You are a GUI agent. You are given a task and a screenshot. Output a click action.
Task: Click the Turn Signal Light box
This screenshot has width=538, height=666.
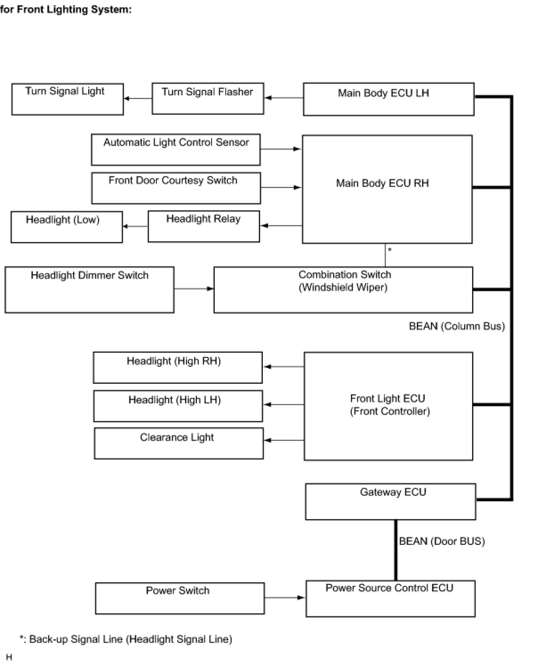68,99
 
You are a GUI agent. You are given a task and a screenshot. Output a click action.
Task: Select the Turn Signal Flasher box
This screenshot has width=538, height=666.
208,98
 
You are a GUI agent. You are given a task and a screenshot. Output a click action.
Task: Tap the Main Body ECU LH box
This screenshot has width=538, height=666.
389,99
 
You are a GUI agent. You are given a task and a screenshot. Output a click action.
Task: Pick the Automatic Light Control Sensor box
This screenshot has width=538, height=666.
176,150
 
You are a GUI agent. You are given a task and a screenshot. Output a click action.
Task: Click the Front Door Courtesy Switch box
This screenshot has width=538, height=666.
176,188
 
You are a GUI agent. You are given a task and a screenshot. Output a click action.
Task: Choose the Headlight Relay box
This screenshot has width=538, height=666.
204,226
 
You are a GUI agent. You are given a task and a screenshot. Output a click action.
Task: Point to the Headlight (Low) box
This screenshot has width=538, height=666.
67,227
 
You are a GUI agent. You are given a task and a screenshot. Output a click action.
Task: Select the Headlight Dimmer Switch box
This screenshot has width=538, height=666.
90,289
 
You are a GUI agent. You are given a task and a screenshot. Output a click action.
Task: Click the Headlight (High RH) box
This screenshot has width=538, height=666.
178,367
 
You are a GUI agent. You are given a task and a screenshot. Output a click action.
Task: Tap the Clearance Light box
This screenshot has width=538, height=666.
179,443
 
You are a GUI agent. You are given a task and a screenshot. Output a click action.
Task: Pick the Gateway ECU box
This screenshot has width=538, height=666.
391,502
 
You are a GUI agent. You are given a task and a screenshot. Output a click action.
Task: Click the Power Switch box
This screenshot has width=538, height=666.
180,598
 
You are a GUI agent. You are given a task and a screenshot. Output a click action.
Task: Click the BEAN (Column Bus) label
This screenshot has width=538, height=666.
457,326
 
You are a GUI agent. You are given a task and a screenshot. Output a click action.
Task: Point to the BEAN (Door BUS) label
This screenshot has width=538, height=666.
442,541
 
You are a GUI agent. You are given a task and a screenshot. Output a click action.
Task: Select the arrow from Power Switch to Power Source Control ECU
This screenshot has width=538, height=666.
285,597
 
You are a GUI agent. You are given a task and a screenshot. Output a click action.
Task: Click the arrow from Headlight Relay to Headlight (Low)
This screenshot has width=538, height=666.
135,226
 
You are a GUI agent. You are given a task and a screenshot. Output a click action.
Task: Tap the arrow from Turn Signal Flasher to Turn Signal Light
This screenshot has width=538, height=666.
138,98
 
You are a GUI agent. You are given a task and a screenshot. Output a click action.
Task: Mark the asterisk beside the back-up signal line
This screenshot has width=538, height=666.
389,249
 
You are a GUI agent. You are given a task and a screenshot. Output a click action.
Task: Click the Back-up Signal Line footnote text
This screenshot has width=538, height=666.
126,639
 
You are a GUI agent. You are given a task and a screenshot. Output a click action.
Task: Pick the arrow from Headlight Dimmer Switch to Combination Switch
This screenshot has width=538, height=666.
194,288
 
